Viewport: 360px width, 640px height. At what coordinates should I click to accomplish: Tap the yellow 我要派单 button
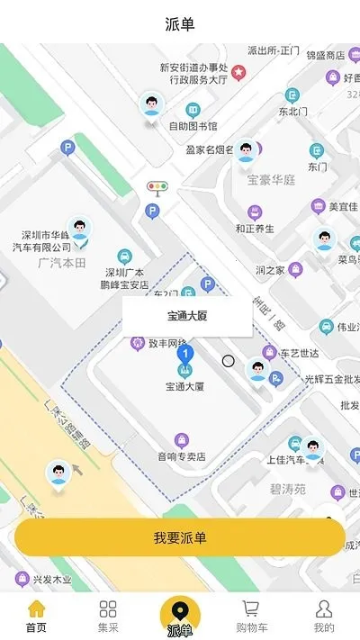click(180, 537)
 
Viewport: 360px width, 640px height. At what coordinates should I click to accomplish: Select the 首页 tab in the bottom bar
click(36, 617)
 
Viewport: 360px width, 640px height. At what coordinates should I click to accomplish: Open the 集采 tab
click(108, 617)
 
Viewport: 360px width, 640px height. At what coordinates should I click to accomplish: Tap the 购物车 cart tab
click(252, 617)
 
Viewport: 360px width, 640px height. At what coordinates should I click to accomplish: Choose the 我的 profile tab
click(324, 617)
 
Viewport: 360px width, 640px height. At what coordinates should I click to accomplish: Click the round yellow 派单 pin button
click(180, 615)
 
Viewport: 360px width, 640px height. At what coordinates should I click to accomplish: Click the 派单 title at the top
click(180, 23)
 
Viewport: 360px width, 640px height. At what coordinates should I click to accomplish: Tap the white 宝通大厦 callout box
click(187, 316)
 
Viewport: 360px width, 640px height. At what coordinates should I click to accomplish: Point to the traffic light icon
click(157, 188)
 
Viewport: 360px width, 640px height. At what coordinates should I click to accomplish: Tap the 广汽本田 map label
click(61, 262)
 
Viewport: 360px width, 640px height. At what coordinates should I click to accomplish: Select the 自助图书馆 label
click(193, 126)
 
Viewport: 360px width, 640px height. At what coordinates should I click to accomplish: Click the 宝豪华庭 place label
click(272, 179)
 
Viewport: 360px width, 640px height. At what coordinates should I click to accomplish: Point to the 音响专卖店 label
click(182, 456)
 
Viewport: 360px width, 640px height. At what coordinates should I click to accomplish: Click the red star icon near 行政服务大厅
click(238, 71)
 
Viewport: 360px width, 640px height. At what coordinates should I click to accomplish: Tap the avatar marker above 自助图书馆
click(152, 104)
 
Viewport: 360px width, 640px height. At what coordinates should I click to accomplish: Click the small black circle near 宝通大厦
click(229, 361)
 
